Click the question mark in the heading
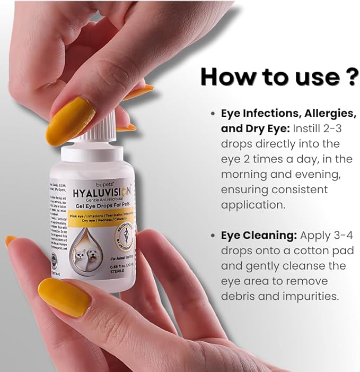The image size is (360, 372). (x=348, y=76)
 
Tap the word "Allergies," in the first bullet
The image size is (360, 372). (x=325, y=114)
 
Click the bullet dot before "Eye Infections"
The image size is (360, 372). (x=213, y=114)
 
